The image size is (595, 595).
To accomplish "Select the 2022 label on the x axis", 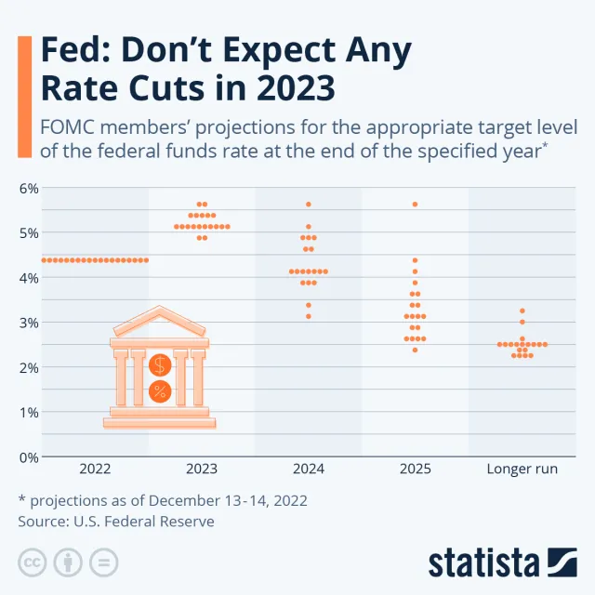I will (95, 469).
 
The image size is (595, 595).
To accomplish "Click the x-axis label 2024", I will (308, 469).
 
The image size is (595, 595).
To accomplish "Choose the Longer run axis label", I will (522, 469).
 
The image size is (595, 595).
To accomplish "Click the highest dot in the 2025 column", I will (415, 204).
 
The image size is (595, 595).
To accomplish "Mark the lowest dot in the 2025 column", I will (415, 350).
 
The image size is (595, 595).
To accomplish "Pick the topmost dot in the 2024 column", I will (309, 204).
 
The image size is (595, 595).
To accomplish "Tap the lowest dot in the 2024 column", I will (309, 316).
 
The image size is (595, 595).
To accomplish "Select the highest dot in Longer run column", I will (522, 311).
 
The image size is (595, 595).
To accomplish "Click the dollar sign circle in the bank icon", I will (159, 364).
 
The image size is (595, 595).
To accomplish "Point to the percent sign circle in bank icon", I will (159, 391).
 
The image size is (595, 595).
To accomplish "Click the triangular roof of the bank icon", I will (159, 322).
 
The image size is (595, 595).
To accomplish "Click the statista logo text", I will (483, 562).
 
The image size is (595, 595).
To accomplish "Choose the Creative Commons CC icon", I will (32, 562).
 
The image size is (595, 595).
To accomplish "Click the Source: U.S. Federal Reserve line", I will (116, 522).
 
